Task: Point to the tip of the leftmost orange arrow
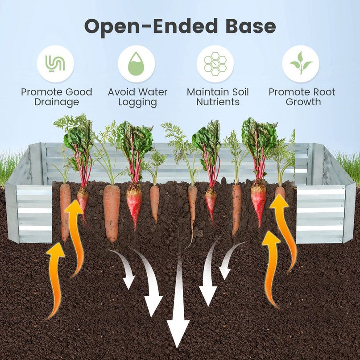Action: click(x=56, y=243)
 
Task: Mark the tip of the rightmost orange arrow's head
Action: click(x=278, y=194)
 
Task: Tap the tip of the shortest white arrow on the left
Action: click(x=128, y=289)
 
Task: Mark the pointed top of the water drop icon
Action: click(x=137, y=52)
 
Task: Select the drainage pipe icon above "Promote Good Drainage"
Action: click(x=55, y=64)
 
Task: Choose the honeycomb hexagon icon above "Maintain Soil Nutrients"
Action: click(x=215, y=64)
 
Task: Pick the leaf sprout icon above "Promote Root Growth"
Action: click(x=301, y=63)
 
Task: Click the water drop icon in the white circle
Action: click(x=137, y=64)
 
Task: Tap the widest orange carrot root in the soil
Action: click(x=112, y=213)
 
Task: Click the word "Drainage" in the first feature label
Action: click(x=57, y=103)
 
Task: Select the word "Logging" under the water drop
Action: click(x=137, y=103)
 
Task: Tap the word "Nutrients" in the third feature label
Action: click(x=218, y=102)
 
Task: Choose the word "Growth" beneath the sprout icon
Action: click(x=303, y=102)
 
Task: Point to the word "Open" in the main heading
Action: click(x=112, y=27)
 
